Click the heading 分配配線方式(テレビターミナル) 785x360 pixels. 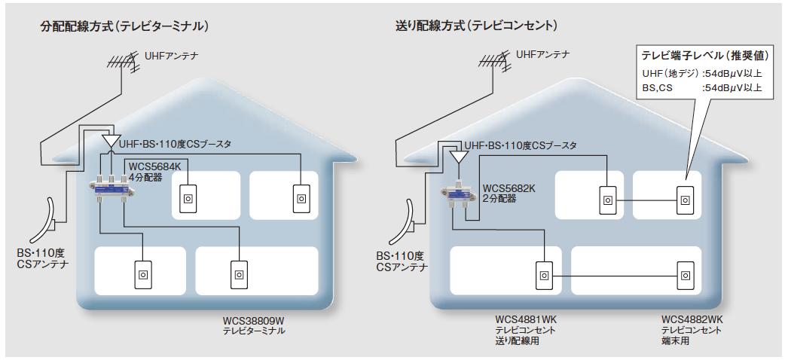tap(124, 26)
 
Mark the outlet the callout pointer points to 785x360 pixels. tap(685, 200)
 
